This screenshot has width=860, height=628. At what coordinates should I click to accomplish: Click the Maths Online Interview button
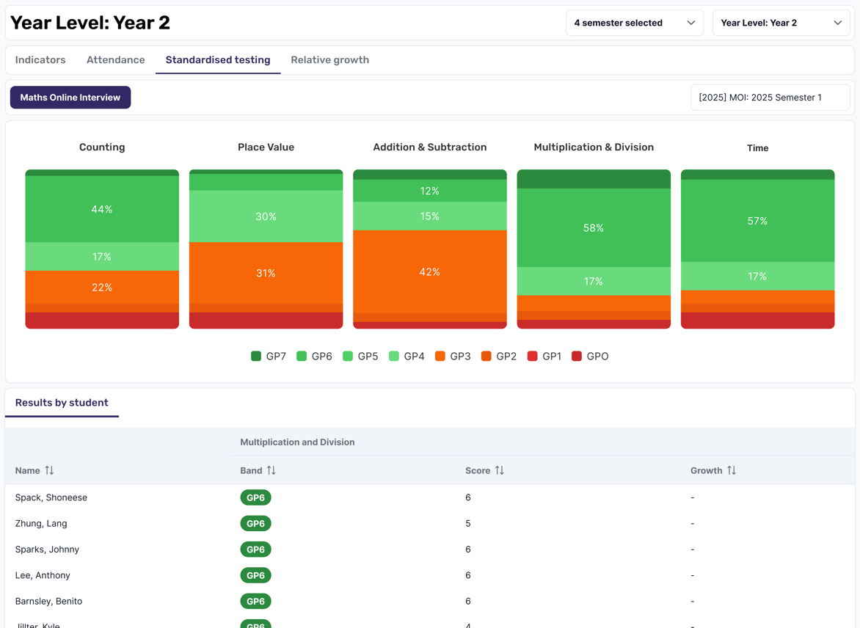tap(70, 98)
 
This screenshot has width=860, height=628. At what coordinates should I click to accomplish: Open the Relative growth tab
tap(329, 60)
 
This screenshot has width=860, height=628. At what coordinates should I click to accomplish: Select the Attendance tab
tap(115, 60)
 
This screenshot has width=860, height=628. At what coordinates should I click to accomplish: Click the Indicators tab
tap(40, 60)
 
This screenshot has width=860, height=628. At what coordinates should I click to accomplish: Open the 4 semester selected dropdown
tap(634, 23)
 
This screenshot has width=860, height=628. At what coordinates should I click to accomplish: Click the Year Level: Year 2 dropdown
tap(781, 23)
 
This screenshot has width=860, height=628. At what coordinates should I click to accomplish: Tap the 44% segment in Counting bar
tap(102, 210)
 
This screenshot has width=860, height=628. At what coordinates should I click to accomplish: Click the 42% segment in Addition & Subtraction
tap(429, 272)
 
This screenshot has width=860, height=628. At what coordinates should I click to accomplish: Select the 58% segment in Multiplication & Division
tap(594, 228)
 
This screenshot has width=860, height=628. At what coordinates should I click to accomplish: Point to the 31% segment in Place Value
tap(266, 273)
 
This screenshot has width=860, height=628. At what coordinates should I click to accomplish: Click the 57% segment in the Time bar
tap(757, 221)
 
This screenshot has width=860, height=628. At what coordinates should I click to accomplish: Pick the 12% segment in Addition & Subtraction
tap(429, 191)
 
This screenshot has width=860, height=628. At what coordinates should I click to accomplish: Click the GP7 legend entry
tap(269, 357)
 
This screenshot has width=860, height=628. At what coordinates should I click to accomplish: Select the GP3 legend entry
tap(453, 357)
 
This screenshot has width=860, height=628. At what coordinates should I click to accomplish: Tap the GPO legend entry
tap(590, 357)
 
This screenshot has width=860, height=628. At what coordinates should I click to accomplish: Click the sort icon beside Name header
tap(49, 470)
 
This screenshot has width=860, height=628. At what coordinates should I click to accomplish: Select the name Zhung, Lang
tap(41, 524)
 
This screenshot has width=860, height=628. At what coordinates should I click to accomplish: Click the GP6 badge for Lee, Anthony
tap(255, 575)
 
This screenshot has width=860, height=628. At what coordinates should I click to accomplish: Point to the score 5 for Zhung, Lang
tap(468, 524)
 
